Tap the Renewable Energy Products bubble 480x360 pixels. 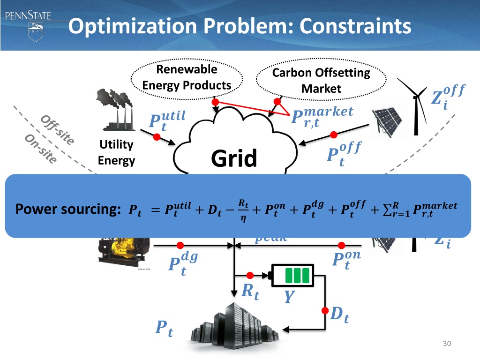tap(187, 78)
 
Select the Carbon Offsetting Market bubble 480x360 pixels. tap(321, 81)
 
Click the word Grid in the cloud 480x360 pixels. tap(234, 159)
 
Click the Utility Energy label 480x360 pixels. tap(116, 153)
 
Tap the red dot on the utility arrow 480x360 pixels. tap(157, 136)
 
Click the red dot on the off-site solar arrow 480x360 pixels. tap(334, 135)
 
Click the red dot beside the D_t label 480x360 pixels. tap(324, 310)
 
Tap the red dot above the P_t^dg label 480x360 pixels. tap(180, 245)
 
